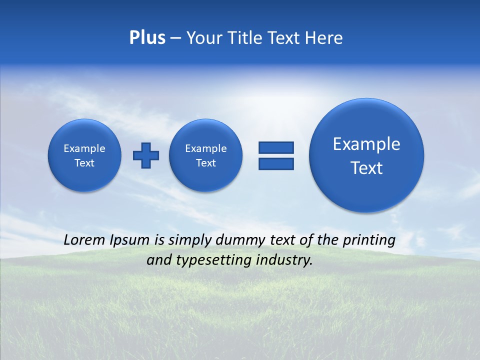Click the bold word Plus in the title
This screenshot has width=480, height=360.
click(147, 38)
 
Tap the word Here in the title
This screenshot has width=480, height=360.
click(324, 38)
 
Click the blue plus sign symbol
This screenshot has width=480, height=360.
click(146, 155)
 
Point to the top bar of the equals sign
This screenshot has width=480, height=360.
click(276, 147)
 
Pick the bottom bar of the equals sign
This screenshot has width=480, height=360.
click(276, 163)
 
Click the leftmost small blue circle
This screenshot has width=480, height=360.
click(84, 155)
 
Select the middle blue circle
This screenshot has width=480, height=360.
click(206, 155)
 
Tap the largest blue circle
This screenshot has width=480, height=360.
click(366, 155)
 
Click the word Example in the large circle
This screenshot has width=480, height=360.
click(366, 144)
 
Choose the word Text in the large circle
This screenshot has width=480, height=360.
click(366, 168)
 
